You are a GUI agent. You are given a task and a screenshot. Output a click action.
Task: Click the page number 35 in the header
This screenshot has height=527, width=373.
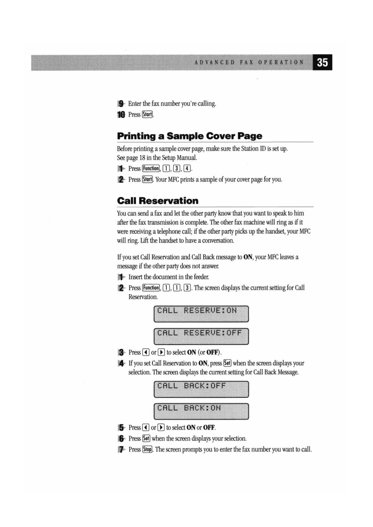(x=322, y=62)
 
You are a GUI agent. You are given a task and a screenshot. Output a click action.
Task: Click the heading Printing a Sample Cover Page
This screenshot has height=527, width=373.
(x=190, y=136)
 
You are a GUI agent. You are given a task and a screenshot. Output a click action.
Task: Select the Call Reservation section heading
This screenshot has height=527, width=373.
(x=158, y=201)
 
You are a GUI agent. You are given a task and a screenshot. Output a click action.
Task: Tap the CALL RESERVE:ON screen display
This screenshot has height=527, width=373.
(x=201, y=314)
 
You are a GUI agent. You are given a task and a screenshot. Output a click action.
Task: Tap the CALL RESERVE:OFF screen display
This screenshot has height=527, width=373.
(x=201, y=336)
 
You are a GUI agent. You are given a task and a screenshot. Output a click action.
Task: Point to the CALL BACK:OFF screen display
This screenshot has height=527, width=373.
(x=201, y=389)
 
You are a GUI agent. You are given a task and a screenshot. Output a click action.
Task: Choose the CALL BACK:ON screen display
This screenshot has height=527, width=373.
(x=201, y=411)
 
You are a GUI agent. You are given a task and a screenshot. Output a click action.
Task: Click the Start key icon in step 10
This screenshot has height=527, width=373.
(x=147, y=115)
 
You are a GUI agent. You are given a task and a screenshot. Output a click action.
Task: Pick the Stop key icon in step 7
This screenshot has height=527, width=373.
(x=147, y=449)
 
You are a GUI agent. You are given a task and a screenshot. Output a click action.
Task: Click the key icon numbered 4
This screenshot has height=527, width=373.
(x=187, y=169)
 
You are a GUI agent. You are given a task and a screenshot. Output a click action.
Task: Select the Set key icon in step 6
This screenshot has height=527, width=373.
(x=146, y=438)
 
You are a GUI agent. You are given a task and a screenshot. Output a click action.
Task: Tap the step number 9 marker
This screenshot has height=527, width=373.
(x=121, y=103)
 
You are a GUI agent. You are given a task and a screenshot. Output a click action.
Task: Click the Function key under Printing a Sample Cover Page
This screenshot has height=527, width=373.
(x=151, y=169)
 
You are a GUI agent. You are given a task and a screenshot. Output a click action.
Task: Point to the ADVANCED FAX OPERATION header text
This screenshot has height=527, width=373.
(x=249, y=62)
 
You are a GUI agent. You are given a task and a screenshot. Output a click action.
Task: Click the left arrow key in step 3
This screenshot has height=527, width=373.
(x=146, y=352)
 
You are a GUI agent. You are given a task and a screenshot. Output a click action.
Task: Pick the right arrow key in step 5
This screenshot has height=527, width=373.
(x=161, y=428)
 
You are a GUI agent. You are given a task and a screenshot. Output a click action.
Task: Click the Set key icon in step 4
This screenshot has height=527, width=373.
(x=227, y=363)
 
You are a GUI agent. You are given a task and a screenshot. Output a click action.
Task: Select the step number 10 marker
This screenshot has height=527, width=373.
(x=121, y=115)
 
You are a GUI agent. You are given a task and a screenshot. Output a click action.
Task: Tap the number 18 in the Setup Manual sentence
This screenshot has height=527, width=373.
(x=142, y=158)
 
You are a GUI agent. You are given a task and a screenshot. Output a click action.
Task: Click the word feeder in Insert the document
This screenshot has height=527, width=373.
(x=201, y=277)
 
